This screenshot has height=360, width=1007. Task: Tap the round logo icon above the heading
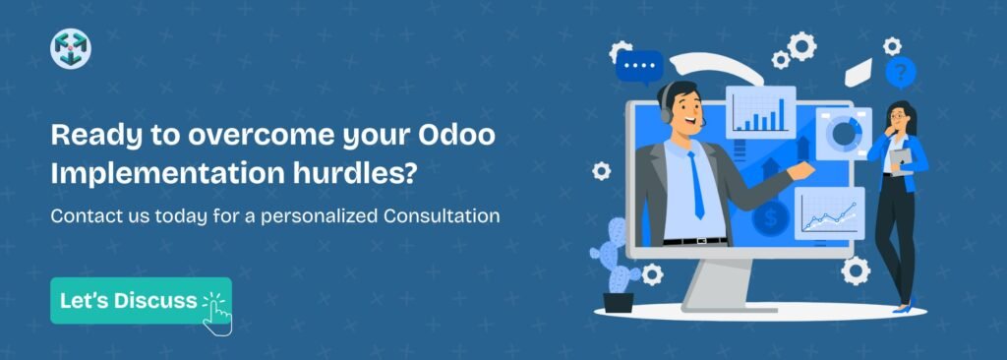tap(70, 48)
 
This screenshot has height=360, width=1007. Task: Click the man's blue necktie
tap(697, 187)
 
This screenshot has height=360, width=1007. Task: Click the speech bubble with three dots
tap(640, 67)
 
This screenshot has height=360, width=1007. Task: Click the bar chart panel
tap(760, 112)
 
